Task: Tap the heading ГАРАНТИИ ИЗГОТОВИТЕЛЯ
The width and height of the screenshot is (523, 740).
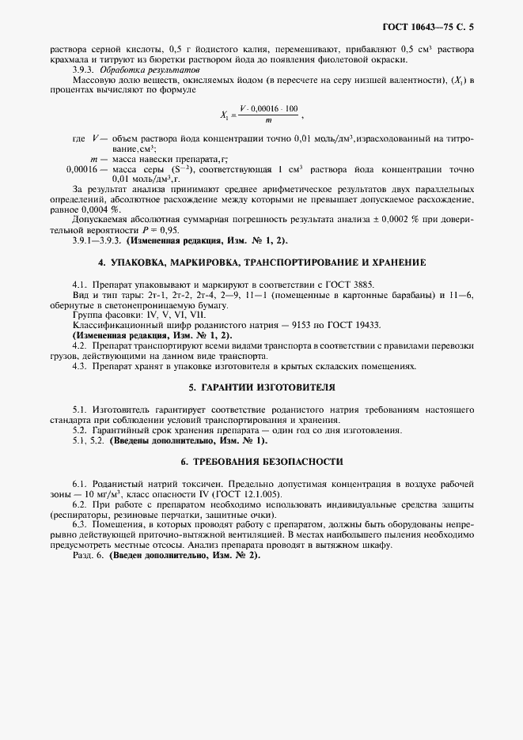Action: pos(262,387)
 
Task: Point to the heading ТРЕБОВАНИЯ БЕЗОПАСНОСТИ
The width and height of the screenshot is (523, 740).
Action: pos(262,461)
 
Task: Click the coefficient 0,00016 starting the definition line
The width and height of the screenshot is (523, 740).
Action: pos(81,169)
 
